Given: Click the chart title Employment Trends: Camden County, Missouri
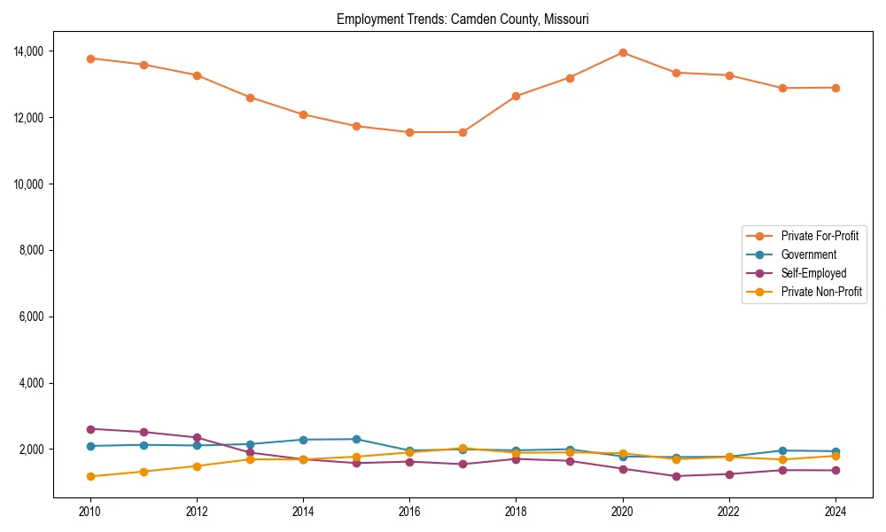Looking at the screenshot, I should click(462, 19).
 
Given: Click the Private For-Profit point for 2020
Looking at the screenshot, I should click(623, 52).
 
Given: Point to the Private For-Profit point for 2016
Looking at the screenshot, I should click(409, 132).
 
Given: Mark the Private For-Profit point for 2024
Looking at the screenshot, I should click(835, 88).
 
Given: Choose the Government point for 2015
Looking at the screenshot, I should click(356, 439).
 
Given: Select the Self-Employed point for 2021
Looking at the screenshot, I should click(676, 476).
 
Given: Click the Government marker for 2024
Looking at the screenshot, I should click(835, 451).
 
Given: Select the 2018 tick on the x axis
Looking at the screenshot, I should click(516, 512).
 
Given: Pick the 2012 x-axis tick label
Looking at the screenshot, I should click(197, 512).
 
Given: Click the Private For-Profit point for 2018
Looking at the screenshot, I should click(516, 96).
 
